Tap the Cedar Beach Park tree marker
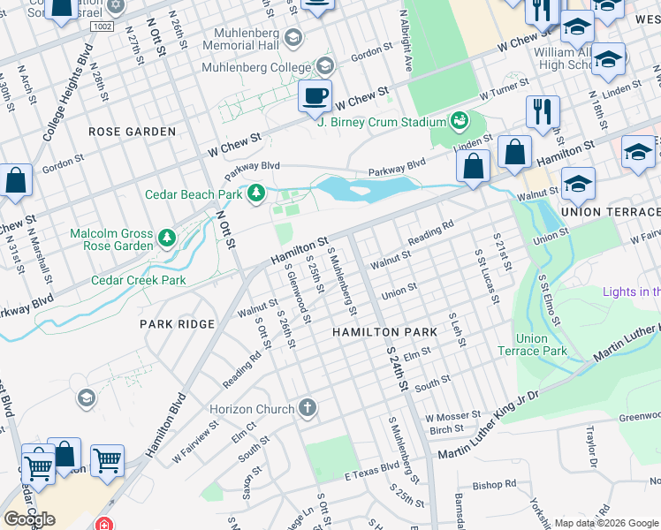coord(256,193)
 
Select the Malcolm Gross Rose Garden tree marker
coord(166,237)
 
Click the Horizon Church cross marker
coord(307,408)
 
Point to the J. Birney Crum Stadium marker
coord(459,120)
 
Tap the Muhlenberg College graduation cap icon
coord(324,66)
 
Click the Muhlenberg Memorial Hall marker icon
coord(293,38)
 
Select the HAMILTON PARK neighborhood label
coord(384,331)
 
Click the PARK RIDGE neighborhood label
coord(177,324)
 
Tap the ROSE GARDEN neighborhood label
coord(132,132)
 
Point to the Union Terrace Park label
coord(543,344)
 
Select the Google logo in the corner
coord(29,519)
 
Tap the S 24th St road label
coord(397,367)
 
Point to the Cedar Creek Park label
coord(139,280)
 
